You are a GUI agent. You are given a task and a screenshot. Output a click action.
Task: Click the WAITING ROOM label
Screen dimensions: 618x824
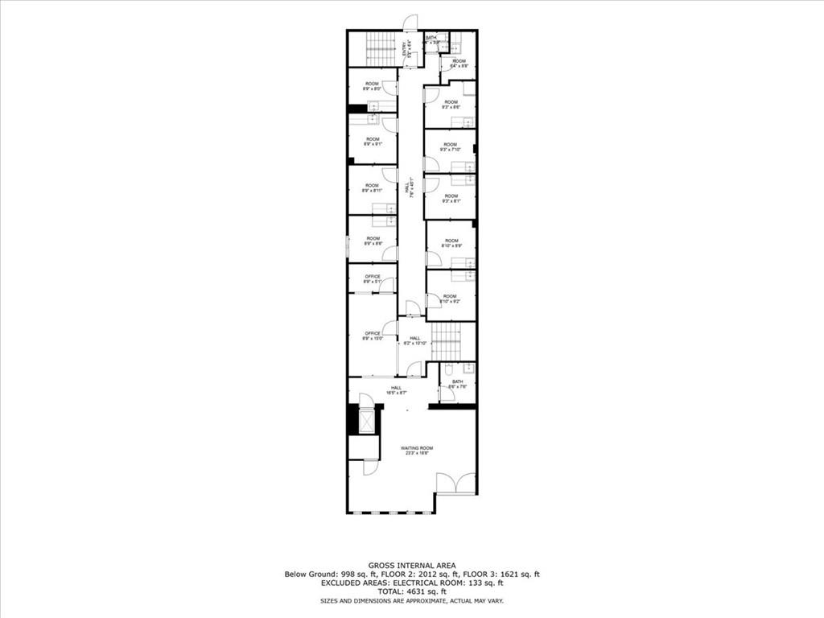point(417,451)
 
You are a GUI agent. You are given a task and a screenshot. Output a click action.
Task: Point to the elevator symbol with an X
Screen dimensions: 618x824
point(366,421)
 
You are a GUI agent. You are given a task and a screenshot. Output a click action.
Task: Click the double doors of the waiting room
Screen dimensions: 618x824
point(455,483)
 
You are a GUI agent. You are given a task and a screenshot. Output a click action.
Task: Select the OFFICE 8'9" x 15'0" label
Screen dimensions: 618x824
point(372,336)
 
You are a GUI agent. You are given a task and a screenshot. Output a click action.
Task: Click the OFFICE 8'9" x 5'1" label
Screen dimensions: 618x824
point(372,279)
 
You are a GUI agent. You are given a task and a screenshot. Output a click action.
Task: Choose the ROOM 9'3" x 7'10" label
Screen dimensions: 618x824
point(450,147)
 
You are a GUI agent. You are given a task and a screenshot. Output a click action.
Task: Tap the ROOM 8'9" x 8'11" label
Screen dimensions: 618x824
point(372,188)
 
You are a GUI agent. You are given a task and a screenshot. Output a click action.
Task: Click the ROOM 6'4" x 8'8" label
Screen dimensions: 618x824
point(459,64)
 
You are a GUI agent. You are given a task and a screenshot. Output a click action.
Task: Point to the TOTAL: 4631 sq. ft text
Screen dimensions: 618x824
point(411,591)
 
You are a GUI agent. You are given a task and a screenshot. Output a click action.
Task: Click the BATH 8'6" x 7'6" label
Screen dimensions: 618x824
point(458,384)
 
